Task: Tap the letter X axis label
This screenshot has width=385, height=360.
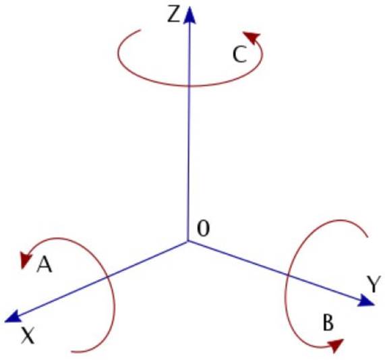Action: (28, 336)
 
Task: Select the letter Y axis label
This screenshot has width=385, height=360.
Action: (374, 284)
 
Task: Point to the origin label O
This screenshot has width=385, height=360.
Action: (204, 229)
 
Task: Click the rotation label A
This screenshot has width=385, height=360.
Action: (45, 264)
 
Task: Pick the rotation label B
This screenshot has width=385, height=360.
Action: (328, 322)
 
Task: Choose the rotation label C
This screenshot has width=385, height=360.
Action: (239, 55)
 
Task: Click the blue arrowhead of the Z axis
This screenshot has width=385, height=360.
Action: (189, 15)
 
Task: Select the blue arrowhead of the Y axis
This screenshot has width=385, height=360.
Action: (366, 301)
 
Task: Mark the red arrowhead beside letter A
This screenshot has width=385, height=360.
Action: (26, 260)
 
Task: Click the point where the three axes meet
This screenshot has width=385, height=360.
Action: (188, 241)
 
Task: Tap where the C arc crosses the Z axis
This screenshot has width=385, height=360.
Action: (189, 86)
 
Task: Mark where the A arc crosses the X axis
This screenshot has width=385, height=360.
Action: (107, 277)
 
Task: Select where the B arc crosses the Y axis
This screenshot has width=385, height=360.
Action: (288, 275)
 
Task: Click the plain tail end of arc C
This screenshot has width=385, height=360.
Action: (140, 30)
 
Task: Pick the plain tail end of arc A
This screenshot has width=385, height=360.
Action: (71, 351)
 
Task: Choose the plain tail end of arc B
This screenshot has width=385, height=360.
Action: (367, 237)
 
